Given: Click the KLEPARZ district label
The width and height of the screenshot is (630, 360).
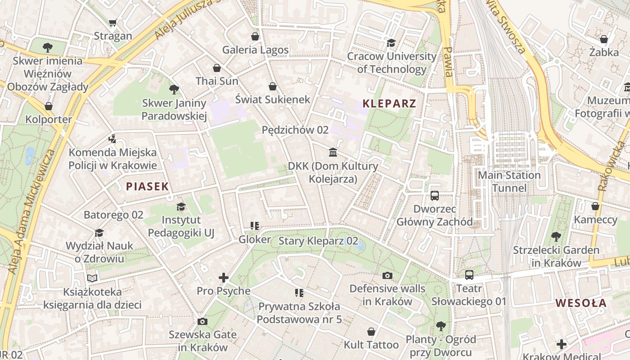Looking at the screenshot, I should (389, 103).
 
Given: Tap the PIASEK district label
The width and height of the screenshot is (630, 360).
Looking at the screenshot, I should (147, 186).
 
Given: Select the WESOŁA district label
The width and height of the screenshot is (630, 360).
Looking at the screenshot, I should (580, 303).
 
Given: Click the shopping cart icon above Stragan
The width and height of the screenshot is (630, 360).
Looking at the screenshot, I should (113, 23).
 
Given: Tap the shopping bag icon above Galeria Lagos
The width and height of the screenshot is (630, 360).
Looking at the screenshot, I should (255, 36).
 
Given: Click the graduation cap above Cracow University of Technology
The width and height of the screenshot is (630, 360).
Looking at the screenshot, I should (391, 43).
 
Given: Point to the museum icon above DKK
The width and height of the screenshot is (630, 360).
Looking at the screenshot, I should (333, 153).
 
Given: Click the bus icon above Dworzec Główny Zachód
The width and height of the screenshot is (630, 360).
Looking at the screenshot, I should (434, 196).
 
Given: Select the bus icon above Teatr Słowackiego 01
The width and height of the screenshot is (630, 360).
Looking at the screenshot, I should (469, 275).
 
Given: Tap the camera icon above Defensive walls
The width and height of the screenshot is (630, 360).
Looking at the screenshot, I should (387, 275).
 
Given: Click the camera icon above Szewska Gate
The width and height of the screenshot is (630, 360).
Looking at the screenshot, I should (202, 321).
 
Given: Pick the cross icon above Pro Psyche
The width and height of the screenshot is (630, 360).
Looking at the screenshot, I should (223, 278).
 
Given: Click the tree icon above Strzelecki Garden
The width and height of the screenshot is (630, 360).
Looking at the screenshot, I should (556, 237).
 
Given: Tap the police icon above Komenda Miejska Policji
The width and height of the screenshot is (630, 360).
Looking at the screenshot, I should (112, 139).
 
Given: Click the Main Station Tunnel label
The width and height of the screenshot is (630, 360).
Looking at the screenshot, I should (508, 181).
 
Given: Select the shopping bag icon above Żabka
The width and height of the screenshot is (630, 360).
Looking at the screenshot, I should (603, 39).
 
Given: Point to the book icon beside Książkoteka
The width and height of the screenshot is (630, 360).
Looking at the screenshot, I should (92, 279).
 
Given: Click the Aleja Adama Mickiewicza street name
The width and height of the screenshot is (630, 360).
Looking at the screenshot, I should (31, 211).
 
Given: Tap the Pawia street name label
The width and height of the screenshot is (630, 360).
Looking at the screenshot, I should (448, 61).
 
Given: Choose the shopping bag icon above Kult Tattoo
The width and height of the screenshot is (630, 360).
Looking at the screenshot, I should (371, 332).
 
